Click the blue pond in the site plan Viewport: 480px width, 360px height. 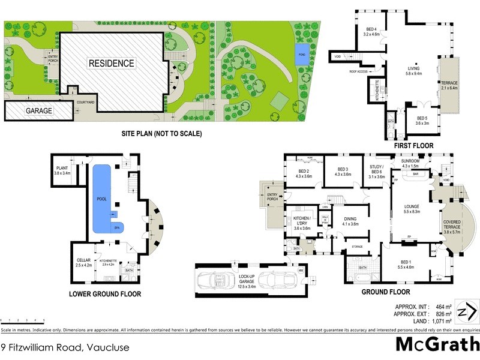302,55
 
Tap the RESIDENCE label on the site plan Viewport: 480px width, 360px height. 112,63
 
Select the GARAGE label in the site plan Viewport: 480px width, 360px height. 38,111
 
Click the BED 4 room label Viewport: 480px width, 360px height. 372,32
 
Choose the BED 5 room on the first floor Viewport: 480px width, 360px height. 422,121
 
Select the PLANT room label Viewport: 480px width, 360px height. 62,170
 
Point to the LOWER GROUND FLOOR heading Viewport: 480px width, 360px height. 105,294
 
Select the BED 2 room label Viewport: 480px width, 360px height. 302,172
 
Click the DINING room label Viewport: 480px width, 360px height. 350,221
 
